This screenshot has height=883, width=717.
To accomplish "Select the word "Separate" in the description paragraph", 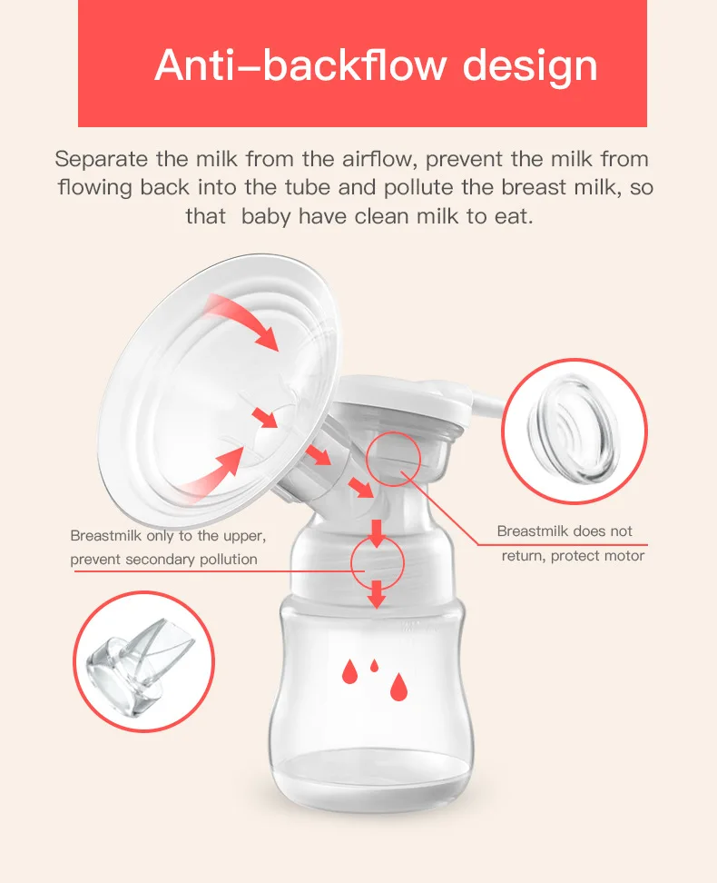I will point(100,160).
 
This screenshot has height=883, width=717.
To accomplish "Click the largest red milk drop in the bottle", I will point(398,688).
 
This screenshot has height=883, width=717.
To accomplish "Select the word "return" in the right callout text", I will point(523,555).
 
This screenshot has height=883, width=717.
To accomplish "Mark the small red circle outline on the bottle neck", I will point(376,561).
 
